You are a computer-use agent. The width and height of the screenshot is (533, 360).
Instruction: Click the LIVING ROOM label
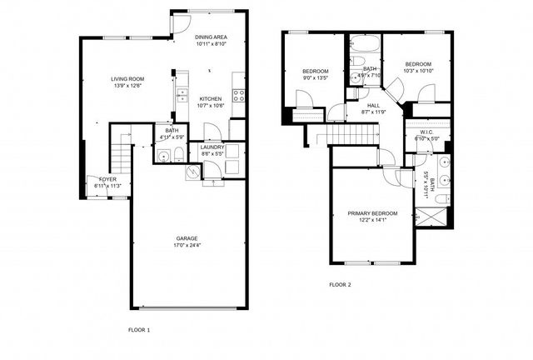pos(127,78)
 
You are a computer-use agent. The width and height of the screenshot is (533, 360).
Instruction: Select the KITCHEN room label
pos(209,98)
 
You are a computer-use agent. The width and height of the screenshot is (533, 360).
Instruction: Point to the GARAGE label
pos(187,238)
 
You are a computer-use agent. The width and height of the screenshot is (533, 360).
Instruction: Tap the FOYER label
pos(108,179)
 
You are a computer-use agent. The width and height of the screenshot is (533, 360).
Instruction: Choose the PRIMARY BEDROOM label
pos(372,213)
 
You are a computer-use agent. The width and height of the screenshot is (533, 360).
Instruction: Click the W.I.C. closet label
pos(425,131)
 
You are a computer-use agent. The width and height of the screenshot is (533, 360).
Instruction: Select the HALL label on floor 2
pos(374,105)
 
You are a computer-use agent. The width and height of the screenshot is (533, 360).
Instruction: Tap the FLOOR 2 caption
pos(340,285)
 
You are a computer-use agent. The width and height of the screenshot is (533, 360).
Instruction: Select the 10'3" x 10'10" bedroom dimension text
pos(418,71)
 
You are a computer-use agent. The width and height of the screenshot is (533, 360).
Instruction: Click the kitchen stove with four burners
pos(239,93)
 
